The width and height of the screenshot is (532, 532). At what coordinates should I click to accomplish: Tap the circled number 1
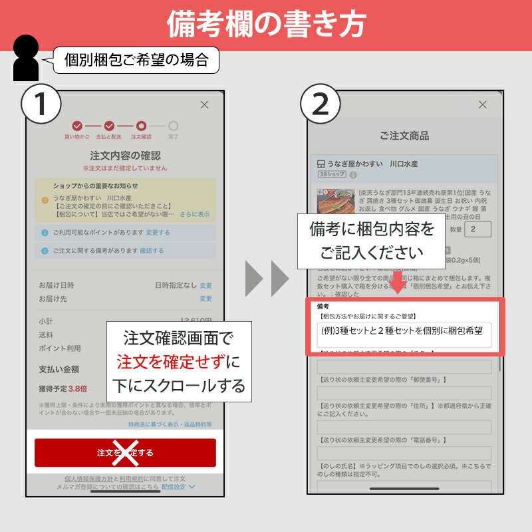point(41,104)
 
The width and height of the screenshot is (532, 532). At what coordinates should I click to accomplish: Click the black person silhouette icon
point(25,59)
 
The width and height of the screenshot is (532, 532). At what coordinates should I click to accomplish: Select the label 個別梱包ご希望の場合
point(136,61)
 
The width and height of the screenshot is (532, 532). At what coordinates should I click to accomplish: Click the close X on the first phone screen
point(204,104)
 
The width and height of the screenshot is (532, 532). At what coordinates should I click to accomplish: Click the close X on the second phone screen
point(483,104)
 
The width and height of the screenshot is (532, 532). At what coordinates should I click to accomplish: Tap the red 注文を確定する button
point(125,452)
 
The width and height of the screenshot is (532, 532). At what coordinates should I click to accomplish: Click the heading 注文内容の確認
point(125,156)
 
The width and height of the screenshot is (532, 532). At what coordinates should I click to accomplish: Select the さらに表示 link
point(194,214)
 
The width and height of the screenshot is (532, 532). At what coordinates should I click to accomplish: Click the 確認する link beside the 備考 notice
point(152,251)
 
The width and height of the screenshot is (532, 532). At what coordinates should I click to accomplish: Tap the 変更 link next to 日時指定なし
point(206,285)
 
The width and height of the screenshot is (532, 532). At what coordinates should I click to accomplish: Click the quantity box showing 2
point(477,229)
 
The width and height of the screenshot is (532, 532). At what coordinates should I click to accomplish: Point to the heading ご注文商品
point(404,136)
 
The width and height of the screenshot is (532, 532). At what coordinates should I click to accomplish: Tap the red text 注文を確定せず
point(171,362)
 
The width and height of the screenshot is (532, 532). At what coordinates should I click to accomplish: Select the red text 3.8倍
point(77,388)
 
